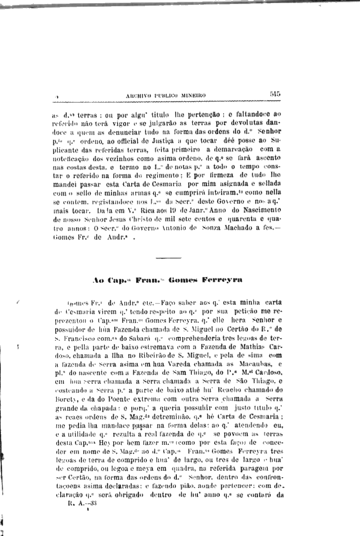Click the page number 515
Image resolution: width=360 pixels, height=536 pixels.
pos(275,94)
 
